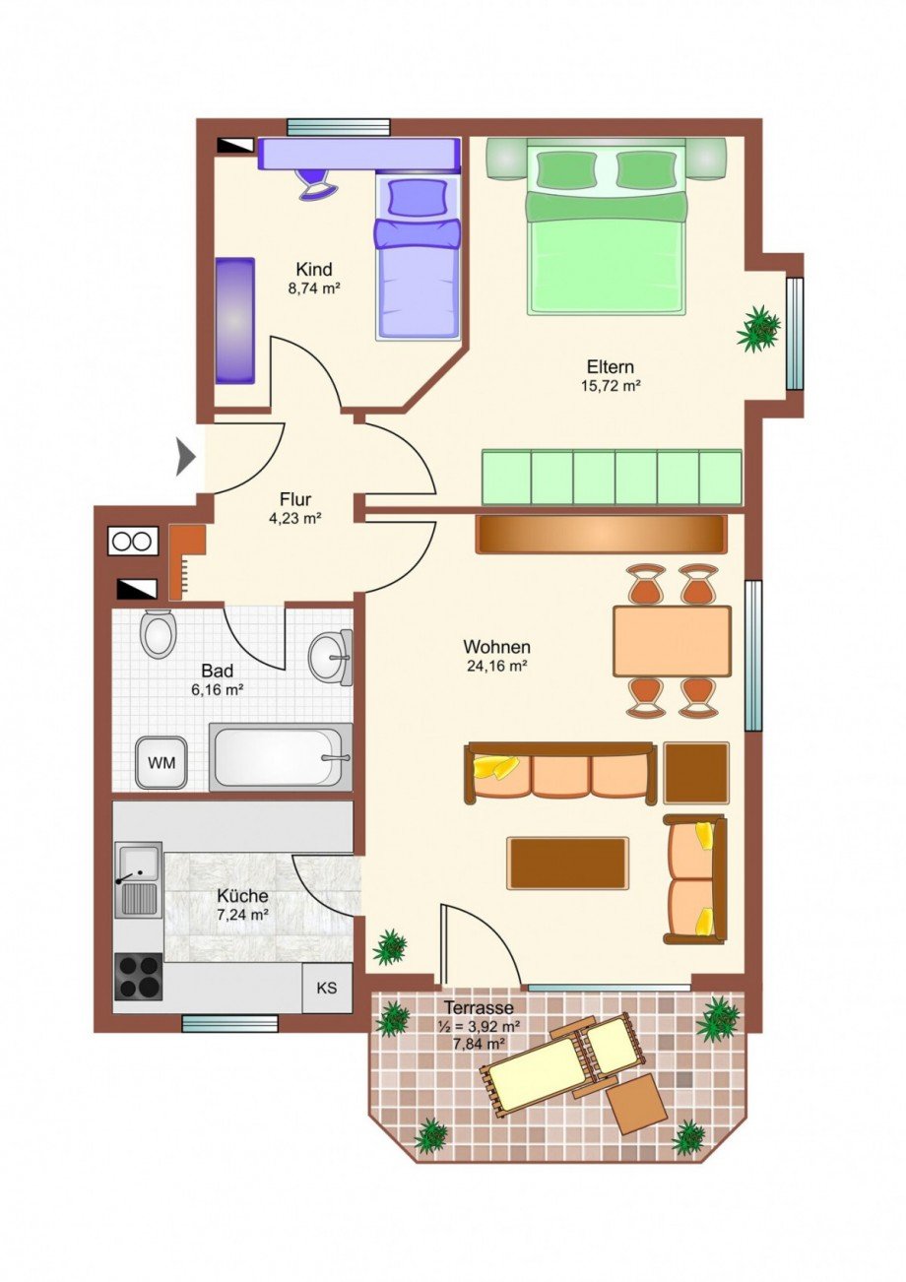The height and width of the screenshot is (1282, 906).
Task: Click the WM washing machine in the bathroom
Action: click(162, 762)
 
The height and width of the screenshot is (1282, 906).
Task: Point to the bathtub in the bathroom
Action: click(281, 757)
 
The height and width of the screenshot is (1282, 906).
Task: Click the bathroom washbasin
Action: click(331, 657)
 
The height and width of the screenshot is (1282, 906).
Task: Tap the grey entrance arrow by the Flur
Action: click(186, 457)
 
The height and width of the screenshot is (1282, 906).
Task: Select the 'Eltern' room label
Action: click(611, 366)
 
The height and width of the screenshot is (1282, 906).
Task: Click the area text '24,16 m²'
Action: click(495, 667)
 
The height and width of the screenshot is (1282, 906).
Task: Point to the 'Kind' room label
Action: click(313, 269)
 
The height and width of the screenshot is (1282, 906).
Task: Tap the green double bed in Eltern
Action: click(606, 226)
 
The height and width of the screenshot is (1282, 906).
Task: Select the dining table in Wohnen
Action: click(672, 641)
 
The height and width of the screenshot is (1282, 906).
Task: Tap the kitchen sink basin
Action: click(139, 864)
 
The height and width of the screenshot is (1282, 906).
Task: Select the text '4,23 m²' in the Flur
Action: click(294, 519)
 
